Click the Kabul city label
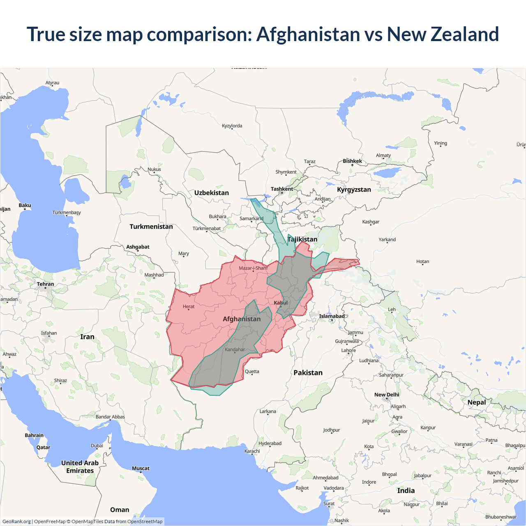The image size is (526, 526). [x=281, y=303]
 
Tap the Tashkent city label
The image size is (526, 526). [x=282, y=189]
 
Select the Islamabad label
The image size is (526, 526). [x=332, y=316]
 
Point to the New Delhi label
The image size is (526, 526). [x=387, y=394]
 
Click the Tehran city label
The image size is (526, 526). [x=45, y=284]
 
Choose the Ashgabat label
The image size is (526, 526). [x=138, y=247]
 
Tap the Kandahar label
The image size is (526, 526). [x=235, y=350]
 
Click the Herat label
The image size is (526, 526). [x=189, y=307]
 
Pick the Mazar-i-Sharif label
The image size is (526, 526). [x=253, y=268]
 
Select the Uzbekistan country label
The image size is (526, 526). [x=212, y=193]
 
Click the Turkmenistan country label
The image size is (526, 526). [x=151, y=226]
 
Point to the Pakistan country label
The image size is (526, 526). [x=308, y=373]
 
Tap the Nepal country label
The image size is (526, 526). [x=477, y=402]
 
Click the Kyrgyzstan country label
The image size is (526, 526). [x=354, y=189]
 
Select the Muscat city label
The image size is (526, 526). [x=141, y=468]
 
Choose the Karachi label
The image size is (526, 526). [x=252, y=451]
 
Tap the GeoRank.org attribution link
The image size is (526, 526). [x=16, y=521]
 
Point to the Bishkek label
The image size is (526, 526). [x=353, y=161]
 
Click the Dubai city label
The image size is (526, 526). [x=97, y=445]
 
